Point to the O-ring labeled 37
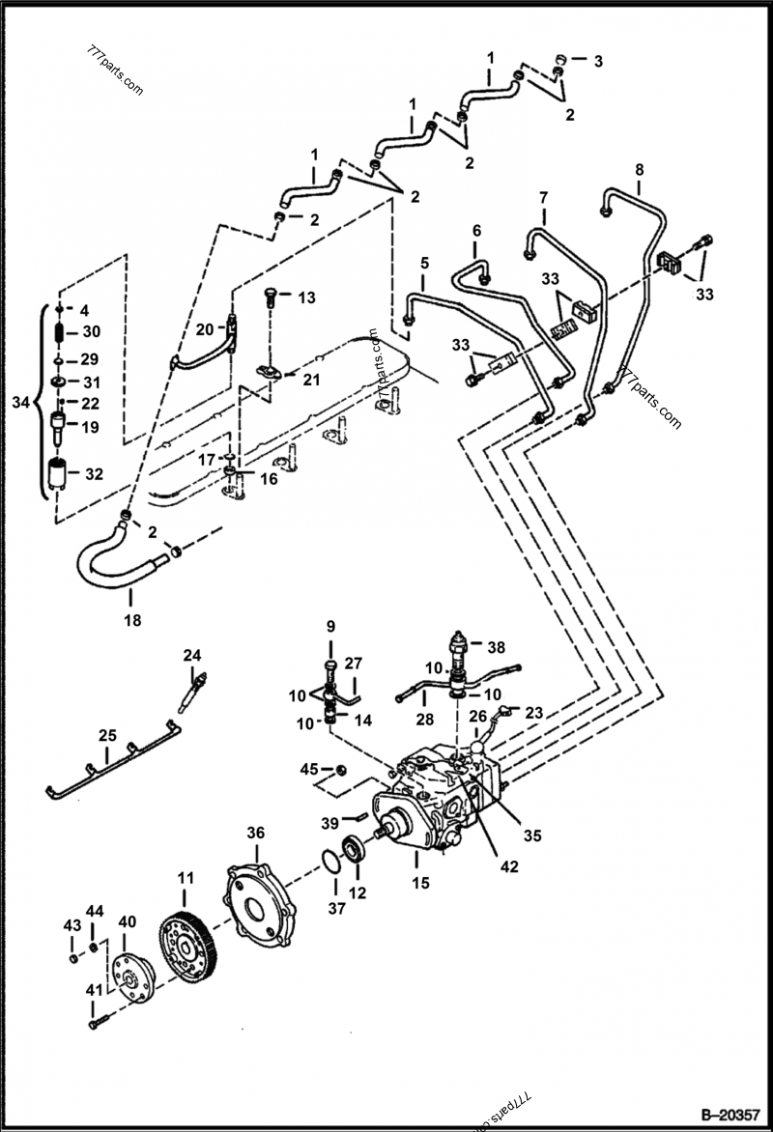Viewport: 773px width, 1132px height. pyautogui.click(x=329, y=858)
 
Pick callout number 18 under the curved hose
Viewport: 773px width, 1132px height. pyautogui.click(x=132, y=620)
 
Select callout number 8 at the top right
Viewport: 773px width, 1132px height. pyautogui.click(x=639, y=171)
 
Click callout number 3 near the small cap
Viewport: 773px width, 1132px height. pyautogui.click(x=598, y=62)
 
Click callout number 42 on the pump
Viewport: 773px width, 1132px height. pyautogui.click(x=508, y=866)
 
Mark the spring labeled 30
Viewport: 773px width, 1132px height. pyautogui.click(x=59, y=332)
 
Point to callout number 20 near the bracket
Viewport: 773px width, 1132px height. pyautogui.click(x=203, y=328)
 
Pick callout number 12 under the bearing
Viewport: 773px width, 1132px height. pyautogui.click(x=358, y=893)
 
